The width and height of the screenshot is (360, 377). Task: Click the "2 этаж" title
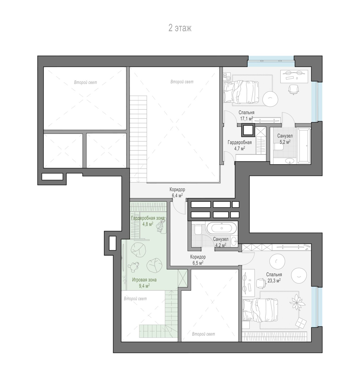pyautogui.click(x=180, y=28)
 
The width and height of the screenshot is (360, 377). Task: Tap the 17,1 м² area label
pyautogui.click(x=247, y=119)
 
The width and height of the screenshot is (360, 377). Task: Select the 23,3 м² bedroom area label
pyautogui.click(x=274, y=281)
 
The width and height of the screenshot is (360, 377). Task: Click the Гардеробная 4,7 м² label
pyautogui.click(x=240, y=145)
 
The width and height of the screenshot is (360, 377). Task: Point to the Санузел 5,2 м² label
pyautogui.click(x=285, y=139)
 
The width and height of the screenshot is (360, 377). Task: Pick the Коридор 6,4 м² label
pyautogui.click(x=177, y=193)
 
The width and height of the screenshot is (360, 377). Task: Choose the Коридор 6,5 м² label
pyautogui.click(x=198, y=260)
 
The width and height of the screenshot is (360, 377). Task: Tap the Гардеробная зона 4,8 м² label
pyautogui.click(x=148, y=221)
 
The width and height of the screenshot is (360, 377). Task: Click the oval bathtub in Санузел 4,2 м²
pyautogui.click(x=222, y=228)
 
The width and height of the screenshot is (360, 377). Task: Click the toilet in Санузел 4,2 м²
pyautogui.click(x=198, y=230)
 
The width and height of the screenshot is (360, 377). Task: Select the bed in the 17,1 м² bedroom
pyautogui.click(x=241, y=92)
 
